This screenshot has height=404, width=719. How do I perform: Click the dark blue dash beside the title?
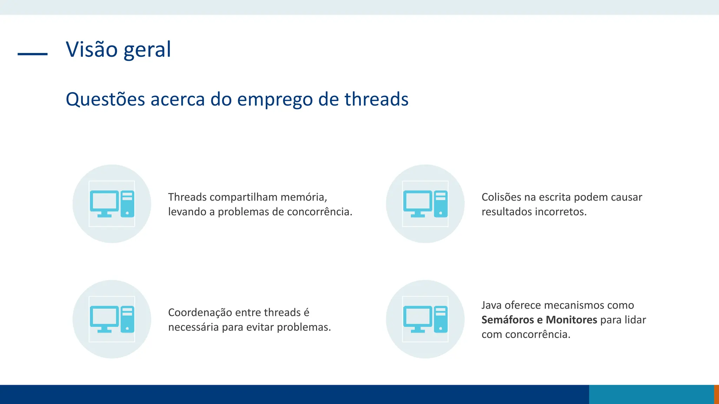coord(33,54)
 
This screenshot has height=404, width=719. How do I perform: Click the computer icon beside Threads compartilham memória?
coord(112,204)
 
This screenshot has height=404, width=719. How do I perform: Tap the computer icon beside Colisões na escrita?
coord(425,204)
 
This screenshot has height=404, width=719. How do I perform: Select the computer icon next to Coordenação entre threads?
coord(112,319)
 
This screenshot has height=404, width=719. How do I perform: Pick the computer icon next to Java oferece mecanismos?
coord(425,319)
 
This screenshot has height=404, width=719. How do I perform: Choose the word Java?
coord(492,305)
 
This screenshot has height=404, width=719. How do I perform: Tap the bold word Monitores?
coord(571,320)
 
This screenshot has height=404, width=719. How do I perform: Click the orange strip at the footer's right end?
coord(716,395)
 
